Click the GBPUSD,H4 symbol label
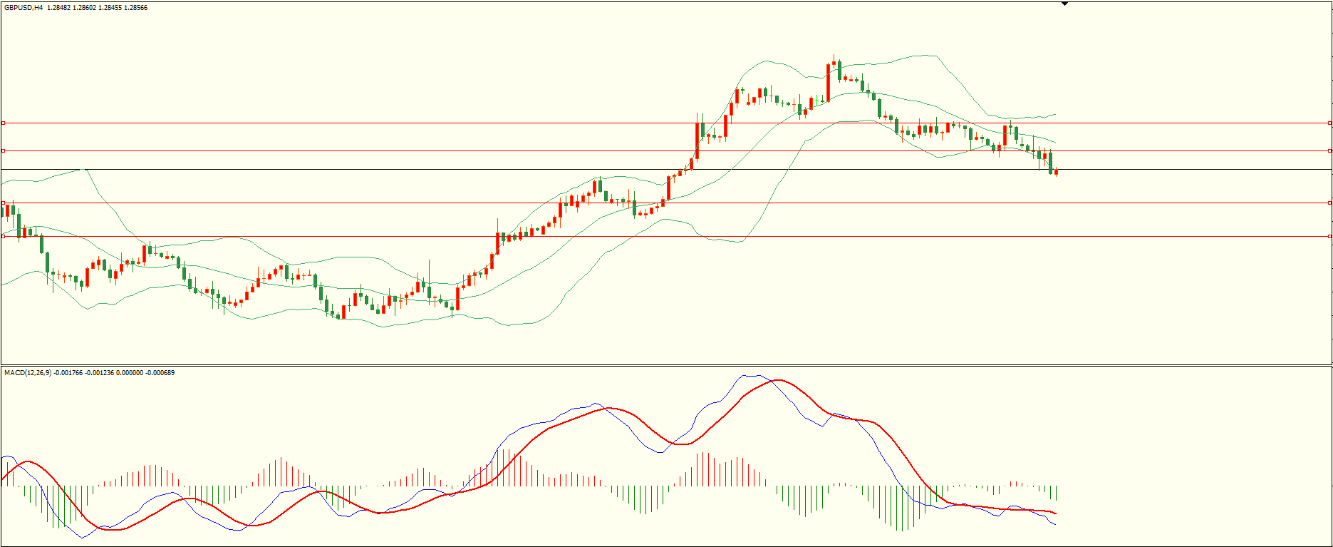pyautogui.click(x=24, y=8)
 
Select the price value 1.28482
pyautogui.click(x=59, y=8)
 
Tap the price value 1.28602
pyautogui.click(x=85, y=8)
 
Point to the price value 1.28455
pyautogui.click(x=110, y=8)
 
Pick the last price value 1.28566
pyautogui.click(x=136, y=8)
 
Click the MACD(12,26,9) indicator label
pyautogui.click(x=28, y=373)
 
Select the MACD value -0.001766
pyautogui.click(x=68, y=373)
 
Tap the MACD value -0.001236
pyautogui.click(x=99, y=373)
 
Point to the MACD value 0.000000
pyautogui.click(x=128, y=373)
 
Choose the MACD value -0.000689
pyautogui.click(x=159, y=373)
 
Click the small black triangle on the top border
pyautogui.click(x=1064, y=4)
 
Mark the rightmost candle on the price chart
pyautogui.click(x=1056, y=172)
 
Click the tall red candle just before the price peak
pyautogui.click(x=829, y=82)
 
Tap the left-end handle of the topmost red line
pyautogui.click(x=3, y=123)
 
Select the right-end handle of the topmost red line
pyautogui.click(x=1330, y=123)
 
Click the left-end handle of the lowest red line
pyautogui.click(x=3, y=236)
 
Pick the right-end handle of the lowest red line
pyautogui.click(x=1330, y=236)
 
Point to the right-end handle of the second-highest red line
pyautogui.click(x=1330, y=150)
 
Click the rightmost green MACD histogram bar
pyautogui.click(x=1056, y=493)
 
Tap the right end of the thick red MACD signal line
pyautogui.click(x=1055, y=513)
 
